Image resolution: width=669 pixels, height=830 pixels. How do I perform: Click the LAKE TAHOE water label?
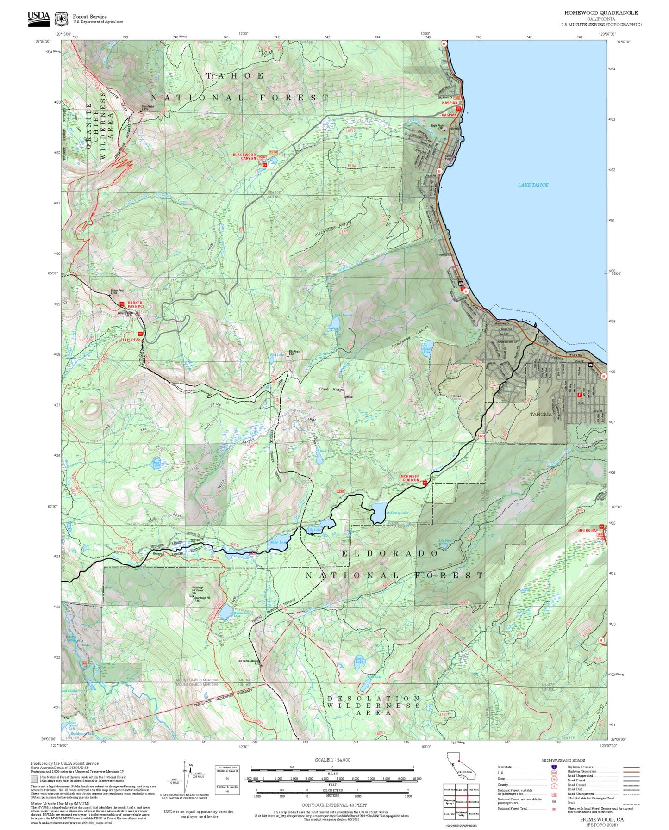click(x=533, y=185)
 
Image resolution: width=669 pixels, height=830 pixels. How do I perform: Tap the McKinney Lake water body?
click(x=379, y=511)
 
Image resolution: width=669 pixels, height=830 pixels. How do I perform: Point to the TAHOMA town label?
click(x=541, y=414)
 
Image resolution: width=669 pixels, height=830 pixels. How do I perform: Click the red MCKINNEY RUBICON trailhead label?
click(x=410, y=478)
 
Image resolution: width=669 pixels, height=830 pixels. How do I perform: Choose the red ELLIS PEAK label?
click(x=131, y=340)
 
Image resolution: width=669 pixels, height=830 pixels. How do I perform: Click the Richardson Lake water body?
click(x=225, y=613)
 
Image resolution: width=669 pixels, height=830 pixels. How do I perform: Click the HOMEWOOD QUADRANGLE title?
click(x=600, y=13)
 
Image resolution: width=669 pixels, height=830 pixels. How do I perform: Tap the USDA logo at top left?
click(x=38, y=17)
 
